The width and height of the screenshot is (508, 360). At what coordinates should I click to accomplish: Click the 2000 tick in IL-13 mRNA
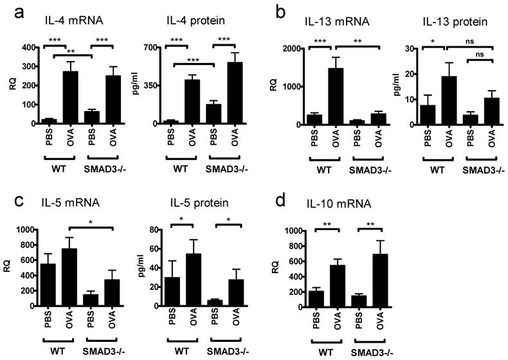click(x=296, y=48)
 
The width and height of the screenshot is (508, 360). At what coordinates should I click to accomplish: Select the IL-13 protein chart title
click(x=457, y=24)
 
